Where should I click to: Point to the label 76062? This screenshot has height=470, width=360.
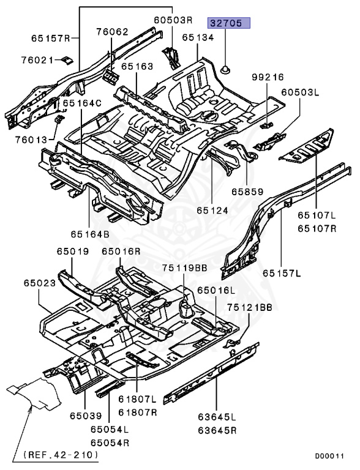tap(112, 31)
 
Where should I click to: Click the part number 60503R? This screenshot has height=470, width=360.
tap(173, 20)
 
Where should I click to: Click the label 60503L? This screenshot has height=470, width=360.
tap(301, 92)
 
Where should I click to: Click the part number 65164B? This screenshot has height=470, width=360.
tap(89, 233)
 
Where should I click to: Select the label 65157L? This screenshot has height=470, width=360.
tap(282, 272)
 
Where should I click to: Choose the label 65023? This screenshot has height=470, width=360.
tap(40, 283)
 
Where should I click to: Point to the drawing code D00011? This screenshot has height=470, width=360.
tap(330, 456)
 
